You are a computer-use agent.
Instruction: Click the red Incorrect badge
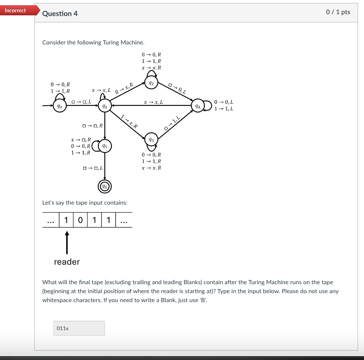point(16,10)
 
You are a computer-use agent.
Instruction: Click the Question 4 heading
point(60,13)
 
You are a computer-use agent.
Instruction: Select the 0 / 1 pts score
point(338,12)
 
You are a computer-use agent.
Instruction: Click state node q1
point(105,106)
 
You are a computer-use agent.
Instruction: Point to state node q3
point(151,140)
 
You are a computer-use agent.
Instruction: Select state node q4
point(198,106)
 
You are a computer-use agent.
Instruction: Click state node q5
point(105,146)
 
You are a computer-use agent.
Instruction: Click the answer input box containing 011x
point(79,328)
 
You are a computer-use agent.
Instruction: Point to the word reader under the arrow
point(67,262)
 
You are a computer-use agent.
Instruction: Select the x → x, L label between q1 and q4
point(153,102)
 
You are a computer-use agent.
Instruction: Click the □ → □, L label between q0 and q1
point(81,102)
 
